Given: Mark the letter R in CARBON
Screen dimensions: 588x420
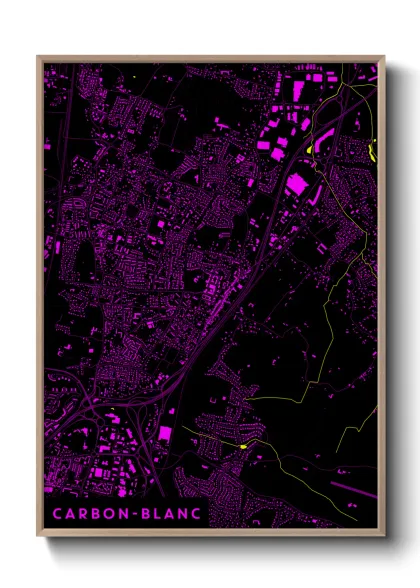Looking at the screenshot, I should [79, 513].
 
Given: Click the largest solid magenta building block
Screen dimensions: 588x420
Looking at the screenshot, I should [298, 184].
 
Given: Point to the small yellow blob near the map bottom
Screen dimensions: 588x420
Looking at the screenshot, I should [242, 445].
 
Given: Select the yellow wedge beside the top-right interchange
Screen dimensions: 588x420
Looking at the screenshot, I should [311, 150].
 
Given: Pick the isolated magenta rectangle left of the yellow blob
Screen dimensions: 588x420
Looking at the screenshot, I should [165, 433].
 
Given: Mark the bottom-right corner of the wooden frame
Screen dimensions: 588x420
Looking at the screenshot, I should [384, 537].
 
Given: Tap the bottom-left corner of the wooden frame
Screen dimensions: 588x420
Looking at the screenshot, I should [38, 537].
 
